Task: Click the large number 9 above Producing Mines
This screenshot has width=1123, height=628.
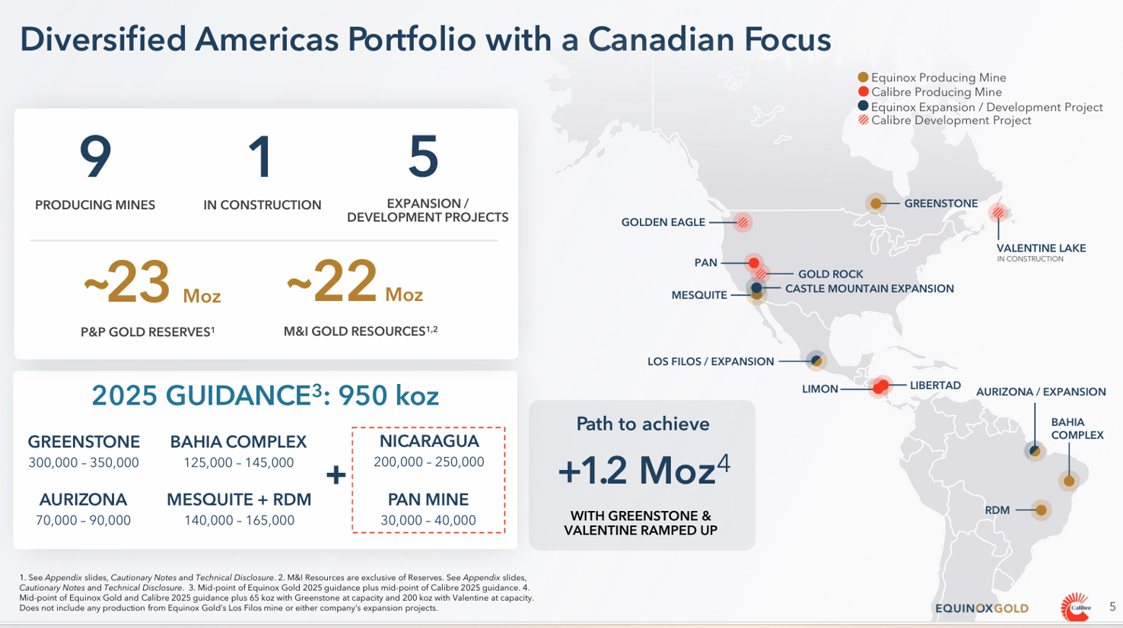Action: (95, 157)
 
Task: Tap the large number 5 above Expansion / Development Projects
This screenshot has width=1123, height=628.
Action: (424, 157)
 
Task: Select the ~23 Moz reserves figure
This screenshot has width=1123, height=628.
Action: (151, 282)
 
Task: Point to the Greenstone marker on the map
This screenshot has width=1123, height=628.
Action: (876, 203)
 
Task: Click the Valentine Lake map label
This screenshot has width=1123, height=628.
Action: (1041, 249)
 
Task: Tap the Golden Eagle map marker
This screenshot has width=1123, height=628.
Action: (743, 222)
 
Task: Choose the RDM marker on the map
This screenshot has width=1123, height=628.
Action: (1041, 510)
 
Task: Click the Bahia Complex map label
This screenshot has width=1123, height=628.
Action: (1077, 429)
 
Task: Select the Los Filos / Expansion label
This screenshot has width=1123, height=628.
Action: (711, 362)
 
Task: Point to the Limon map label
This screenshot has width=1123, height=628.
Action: (819, 389)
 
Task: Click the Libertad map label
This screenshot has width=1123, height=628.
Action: (935, 385)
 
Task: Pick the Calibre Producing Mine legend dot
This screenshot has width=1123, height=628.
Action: (863, 92)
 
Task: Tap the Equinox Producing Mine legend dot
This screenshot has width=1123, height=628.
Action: (863, 78)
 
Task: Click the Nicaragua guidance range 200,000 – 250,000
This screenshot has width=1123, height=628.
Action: (428, 462)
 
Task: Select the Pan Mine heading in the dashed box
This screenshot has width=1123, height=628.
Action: (428, 500)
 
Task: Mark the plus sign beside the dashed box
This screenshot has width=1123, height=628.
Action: (336, 475)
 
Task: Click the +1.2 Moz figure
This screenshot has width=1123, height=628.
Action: (643, 470)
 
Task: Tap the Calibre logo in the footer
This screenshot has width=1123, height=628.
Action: (1075, 607)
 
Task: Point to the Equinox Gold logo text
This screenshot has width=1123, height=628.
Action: (981, 608)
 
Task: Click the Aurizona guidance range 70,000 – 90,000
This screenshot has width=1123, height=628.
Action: (83, 521)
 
